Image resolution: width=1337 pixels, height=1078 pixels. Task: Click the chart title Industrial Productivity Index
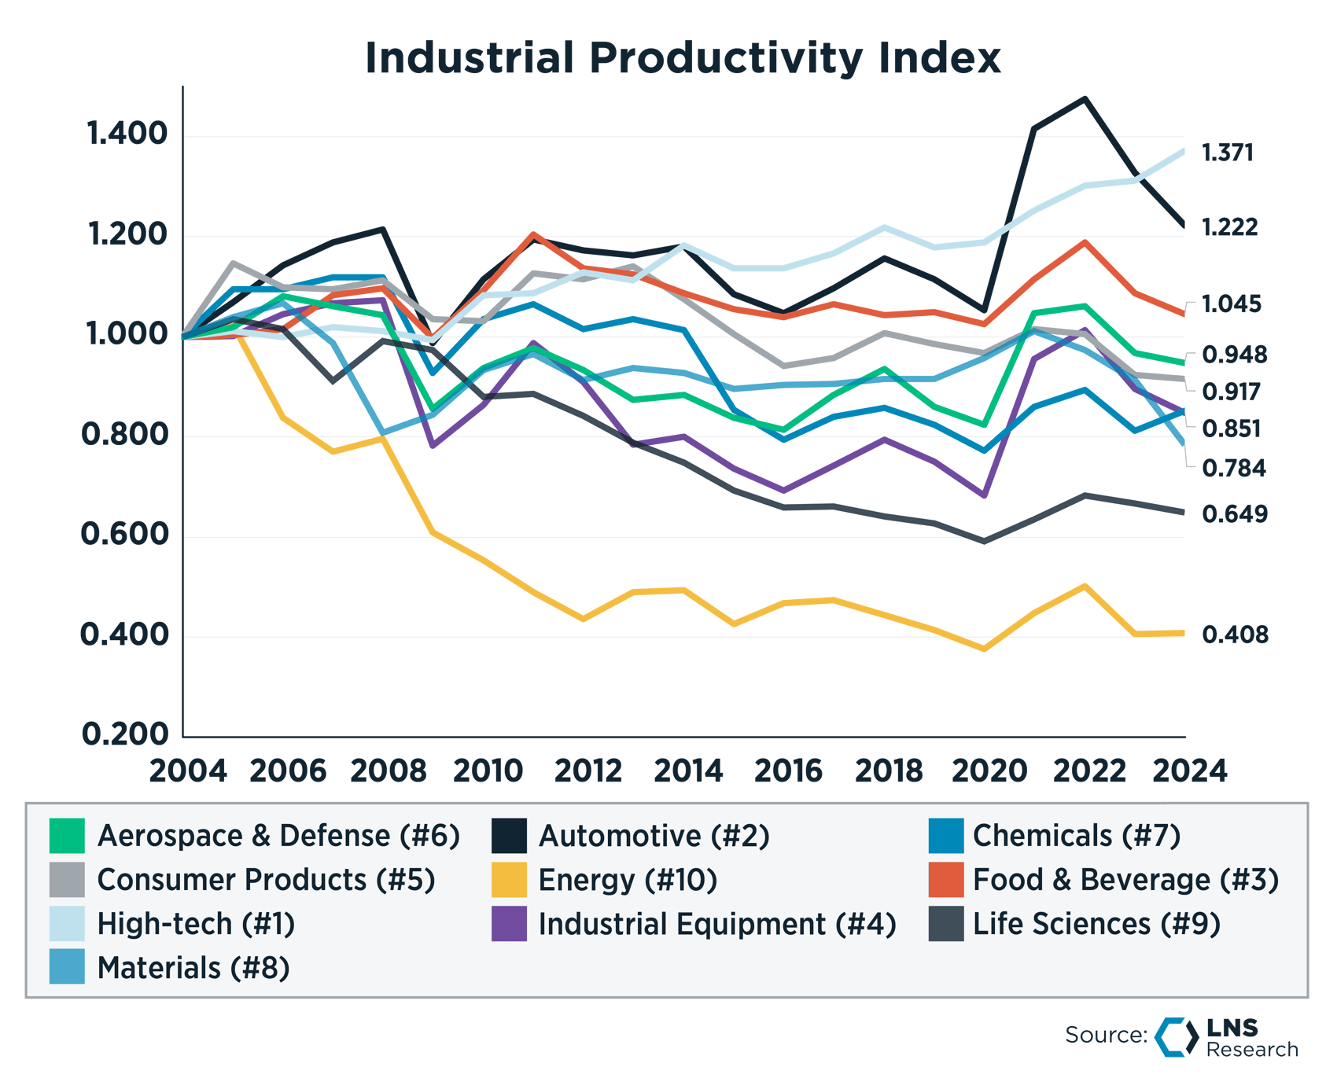click(683, 58)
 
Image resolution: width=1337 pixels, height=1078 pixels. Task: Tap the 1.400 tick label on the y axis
click(127, 134)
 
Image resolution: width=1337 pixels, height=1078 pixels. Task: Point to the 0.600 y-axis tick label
click(125, 535)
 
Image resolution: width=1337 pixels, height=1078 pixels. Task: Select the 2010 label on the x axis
click(488, 771)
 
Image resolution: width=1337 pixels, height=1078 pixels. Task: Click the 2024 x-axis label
click(1189, 771)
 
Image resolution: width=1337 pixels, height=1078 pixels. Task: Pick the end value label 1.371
click(1228, 153)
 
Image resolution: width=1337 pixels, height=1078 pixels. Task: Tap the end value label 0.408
click(1235, 635)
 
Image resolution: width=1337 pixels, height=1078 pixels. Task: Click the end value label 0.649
click(1235, 514)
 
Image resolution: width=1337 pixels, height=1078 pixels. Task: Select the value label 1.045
click(1232, 304)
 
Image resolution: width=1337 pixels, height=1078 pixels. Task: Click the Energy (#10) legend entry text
click(628, 880)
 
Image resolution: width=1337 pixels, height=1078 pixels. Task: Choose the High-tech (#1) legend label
click(196, 924)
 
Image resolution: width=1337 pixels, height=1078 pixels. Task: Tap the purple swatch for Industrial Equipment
click(509, 924)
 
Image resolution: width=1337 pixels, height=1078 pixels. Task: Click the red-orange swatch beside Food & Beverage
click(945, 880)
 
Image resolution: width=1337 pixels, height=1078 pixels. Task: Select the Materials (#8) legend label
click(193, 968)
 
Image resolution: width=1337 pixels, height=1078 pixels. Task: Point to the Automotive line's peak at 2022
click(1085, 99)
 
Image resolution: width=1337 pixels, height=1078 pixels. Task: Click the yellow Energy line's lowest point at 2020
click(985, 649)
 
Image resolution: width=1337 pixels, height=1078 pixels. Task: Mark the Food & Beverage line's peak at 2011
click(533, 234)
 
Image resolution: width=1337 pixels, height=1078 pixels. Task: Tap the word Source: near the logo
click(1105, 1035)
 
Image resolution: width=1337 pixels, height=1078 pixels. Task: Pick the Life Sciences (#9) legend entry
click(1096, 924)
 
